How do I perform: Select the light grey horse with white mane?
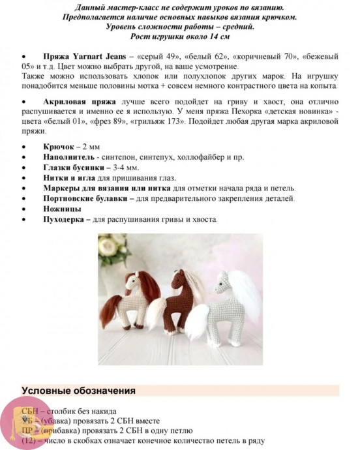232,303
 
